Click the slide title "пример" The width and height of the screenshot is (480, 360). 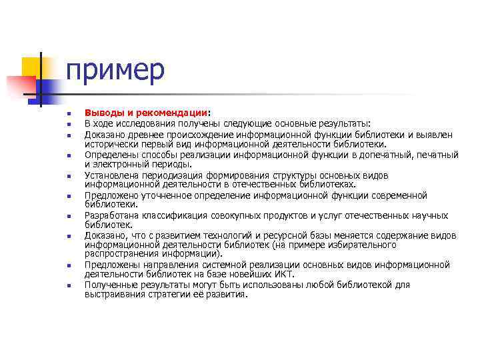coord(115,70)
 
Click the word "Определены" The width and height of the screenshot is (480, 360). coord(109,155)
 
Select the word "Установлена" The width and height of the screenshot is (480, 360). coord(110,175)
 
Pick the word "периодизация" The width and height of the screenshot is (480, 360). coord(169,175)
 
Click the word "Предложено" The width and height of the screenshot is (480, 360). coord(109,196)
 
